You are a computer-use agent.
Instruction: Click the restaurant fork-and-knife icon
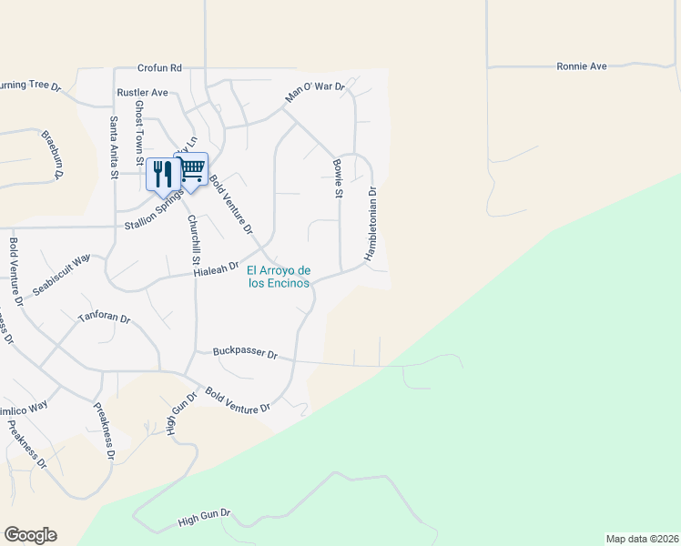tap(162, 173)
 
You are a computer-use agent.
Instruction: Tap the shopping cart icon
tap(192, 169)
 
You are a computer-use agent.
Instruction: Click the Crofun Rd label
tap(160, 67)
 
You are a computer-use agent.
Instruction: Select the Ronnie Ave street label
tap(582, 66)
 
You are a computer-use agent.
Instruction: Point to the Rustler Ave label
tap(143, 93)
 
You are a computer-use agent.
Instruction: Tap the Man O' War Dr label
tap(315, 92)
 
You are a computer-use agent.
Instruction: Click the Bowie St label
tap(338, 178)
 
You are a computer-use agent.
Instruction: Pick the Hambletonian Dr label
tap(371, 224)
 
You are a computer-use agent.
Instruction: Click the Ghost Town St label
tap(140, 132)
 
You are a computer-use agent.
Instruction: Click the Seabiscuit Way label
tap(62, 273)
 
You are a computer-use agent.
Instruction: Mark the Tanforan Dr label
tap(104, 319)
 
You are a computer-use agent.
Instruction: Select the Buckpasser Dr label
tap(244, 352)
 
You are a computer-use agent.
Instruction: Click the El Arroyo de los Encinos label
tap(280, 277)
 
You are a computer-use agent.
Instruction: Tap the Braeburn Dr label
tap(48, 155)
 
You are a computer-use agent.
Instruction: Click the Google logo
tap(30, 535)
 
